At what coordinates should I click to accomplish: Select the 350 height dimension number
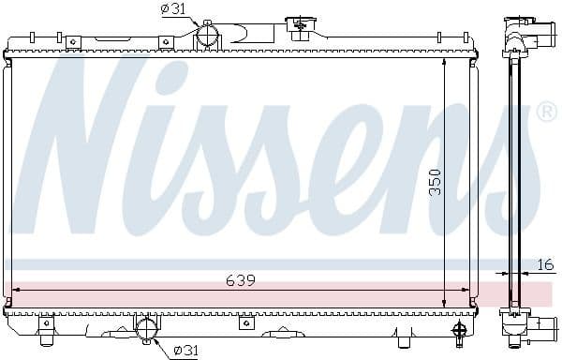tap(434, 182)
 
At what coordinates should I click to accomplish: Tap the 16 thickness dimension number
tap(546, 264)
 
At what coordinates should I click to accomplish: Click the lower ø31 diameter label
tap(185, 351)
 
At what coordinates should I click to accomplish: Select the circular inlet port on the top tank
tap(207, 37)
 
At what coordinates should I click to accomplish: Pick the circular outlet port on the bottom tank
tap(147, 329)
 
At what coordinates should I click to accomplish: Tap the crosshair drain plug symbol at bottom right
tap(459, 329)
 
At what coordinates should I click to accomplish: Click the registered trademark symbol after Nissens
tap(547, 112)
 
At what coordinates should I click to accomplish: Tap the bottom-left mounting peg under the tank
tap(45, 324)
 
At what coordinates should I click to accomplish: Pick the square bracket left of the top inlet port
tap(166, 41)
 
